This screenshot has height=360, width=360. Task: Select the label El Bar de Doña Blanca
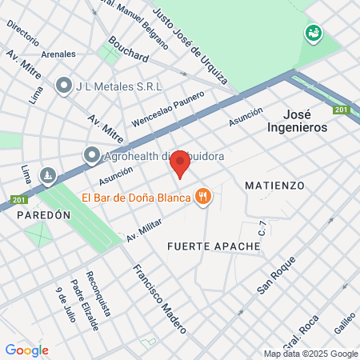(134, 197)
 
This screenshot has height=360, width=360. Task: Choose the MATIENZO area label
(275, 185)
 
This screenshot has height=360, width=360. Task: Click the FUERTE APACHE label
(214, 246)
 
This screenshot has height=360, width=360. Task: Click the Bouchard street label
(129, 50)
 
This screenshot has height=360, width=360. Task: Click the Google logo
(26, 350)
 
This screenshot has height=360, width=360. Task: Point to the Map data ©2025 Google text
(311, 354)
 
